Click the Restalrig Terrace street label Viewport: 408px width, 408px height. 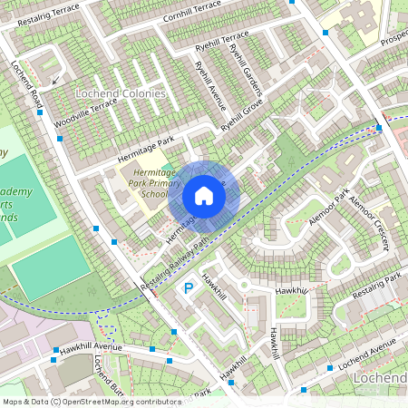pos(42,14)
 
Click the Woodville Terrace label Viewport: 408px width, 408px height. pos(84,116)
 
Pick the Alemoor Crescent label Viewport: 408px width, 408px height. pos(369,220)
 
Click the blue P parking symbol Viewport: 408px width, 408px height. pos(189,288)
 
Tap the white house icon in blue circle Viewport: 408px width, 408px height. pos(203,195)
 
